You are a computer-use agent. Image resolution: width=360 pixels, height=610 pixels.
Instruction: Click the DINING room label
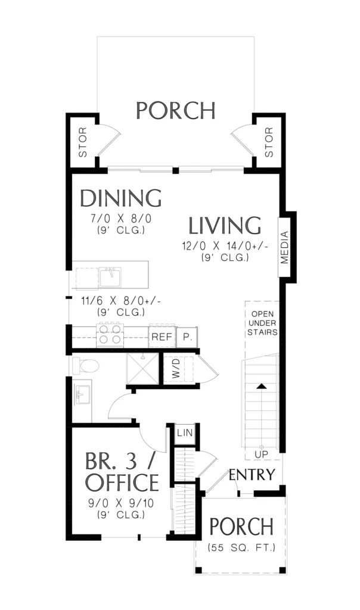[x=120, y=198]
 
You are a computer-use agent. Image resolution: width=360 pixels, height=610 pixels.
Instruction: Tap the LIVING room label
[x=225, y=226]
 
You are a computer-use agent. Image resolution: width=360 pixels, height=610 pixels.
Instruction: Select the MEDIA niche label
[x=285, y=247]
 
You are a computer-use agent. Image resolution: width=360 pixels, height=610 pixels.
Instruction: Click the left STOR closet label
[x=83, y=142]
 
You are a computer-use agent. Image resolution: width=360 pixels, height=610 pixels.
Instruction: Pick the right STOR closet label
[x=269, y=142]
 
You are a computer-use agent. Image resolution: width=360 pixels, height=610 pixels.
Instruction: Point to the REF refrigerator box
[x=162, y=337]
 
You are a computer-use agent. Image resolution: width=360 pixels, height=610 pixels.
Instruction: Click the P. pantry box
[x=187, y=337]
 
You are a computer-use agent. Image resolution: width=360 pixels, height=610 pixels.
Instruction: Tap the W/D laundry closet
[x=178, y=369]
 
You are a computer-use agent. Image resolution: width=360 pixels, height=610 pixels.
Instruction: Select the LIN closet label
[x=185, y=432]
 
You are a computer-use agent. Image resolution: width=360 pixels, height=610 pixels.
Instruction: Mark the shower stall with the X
[x=143, y=368]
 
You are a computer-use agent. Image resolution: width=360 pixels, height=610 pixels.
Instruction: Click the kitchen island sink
[x=110, y=276]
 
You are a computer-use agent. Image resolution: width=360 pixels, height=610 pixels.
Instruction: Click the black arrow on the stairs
[x=262, y=386]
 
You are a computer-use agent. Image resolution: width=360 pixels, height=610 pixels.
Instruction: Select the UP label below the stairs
[x=262, y=454]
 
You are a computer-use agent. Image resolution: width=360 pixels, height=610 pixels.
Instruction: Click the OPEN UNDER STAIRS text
[x=262, y=323]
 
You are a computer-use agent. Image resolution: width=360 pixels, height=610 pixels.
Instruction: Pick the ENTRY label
[x=252, y=475]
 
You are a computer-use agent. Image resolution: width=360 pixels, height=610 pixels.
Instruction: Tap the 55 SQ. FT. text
[x=241, y=548]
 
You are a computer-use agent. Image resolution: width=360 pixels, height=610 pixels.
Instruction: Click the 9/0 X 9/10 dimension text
[x=120, y=503]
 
